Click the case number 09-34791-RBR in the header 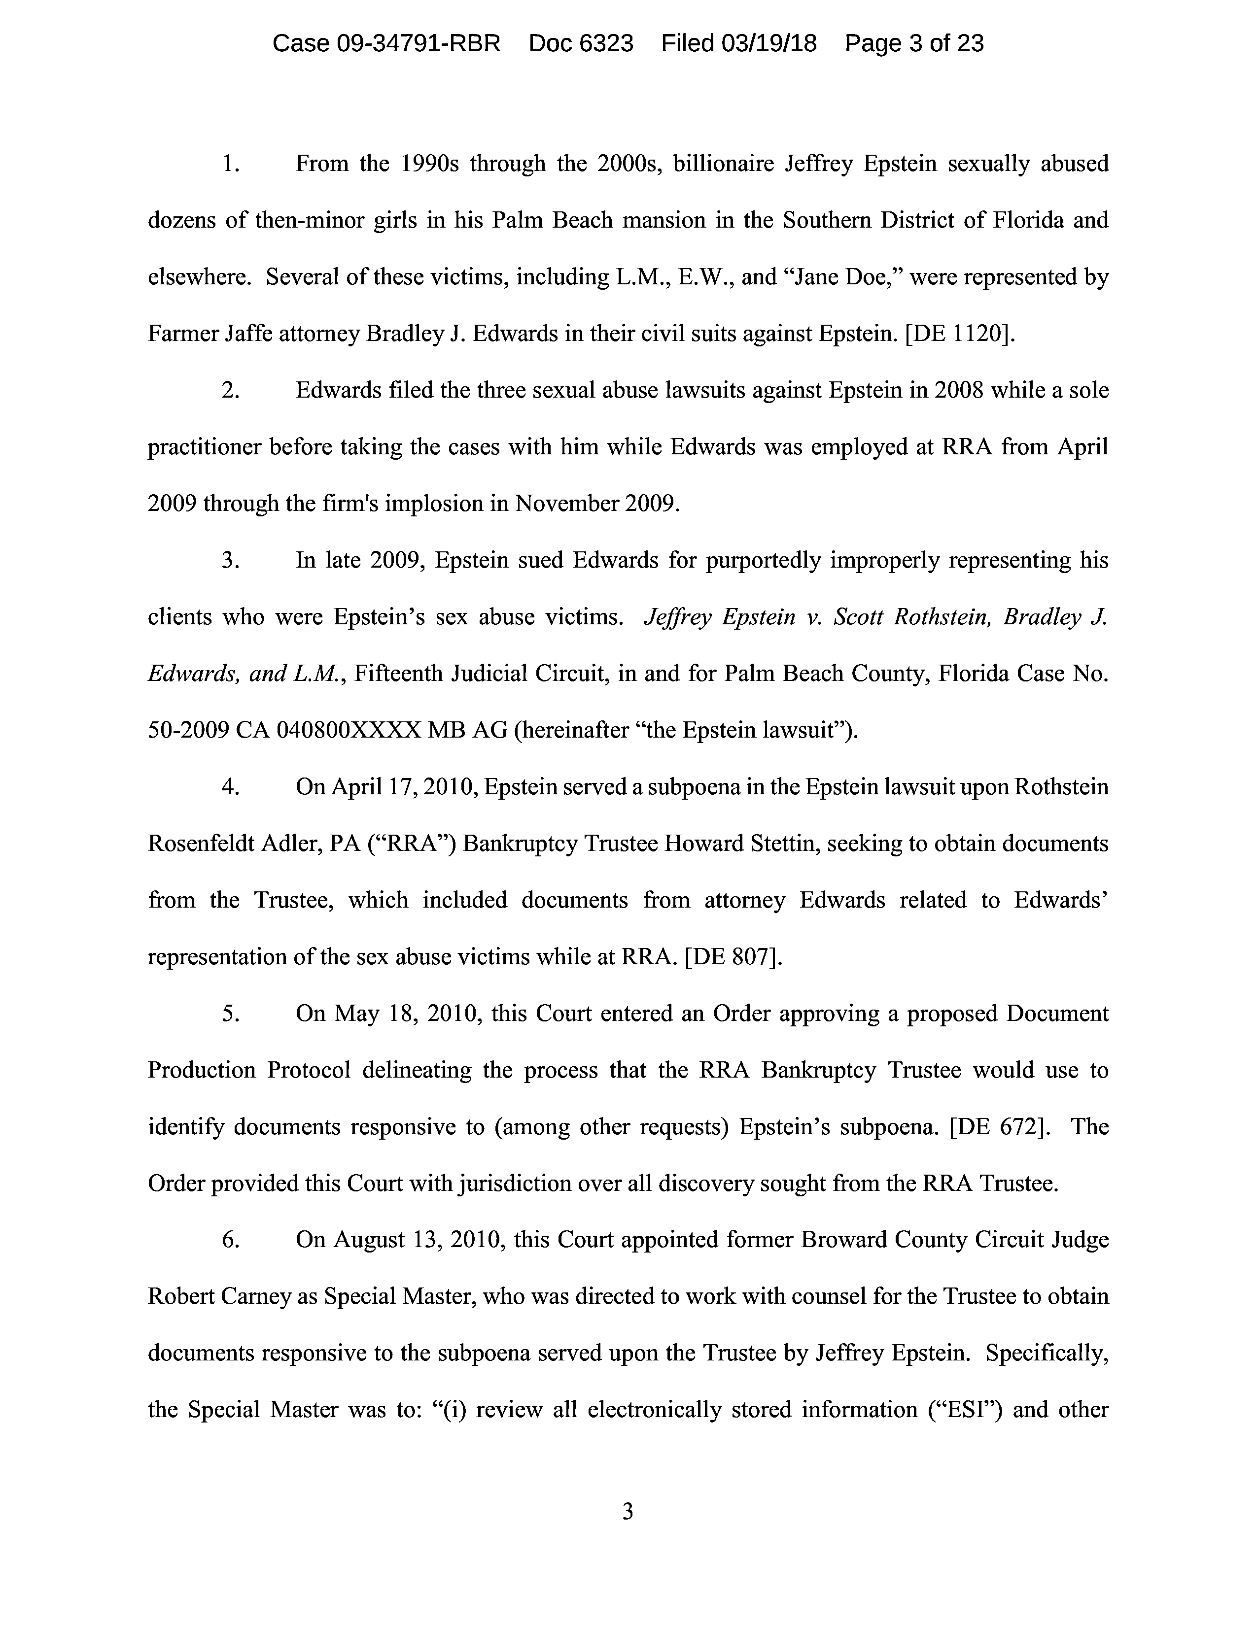click(x=419, y=43)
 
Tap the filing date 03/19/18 click(x=768, y=43)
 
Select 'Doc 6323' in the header click(x=581, y=43)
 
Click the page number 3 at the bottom click(x=628, y=1511)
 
